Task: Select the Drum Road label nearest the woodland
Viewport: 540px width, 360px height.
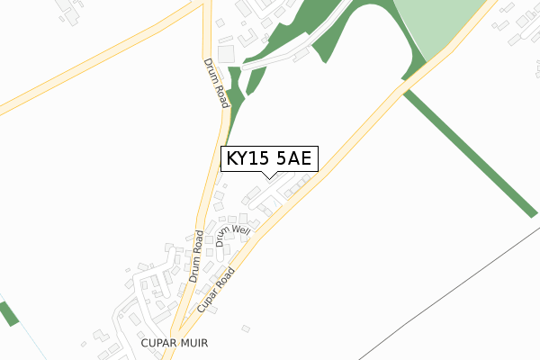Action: click(x=215, y=82)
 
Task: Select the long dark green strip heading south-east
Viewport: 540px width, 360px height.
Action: click(x=468, y=148)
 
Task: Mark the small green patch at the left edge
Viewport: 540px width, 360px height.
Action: click(x=8, y=313)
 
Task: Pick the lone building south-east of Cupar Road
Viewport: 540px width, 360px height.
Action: click(x=246, y=328)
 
